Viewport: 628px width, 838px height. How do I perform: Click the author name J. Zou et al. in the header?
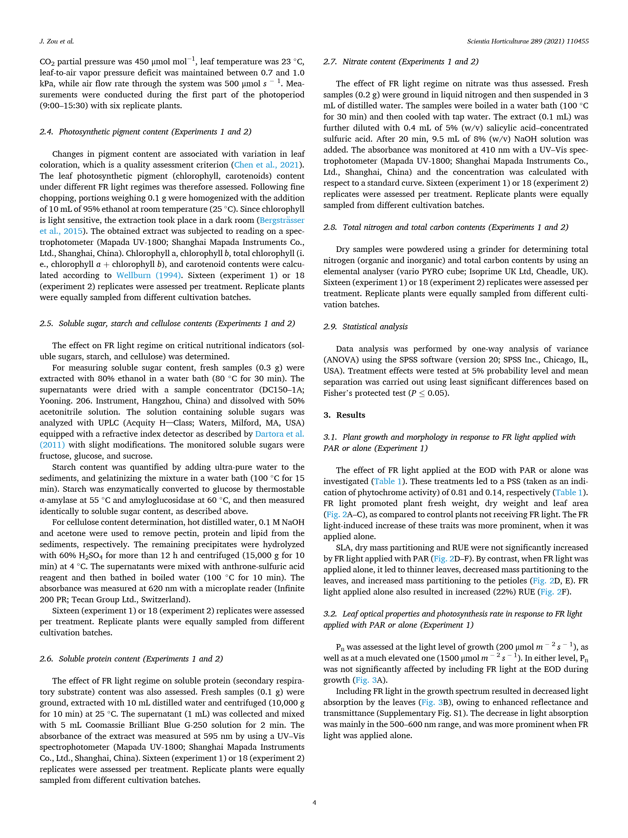[57, 41]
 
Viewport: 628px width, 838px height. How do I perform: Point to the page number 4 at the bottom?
[314, 802]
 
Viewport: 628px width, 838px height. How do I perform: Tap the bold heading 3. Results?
[344, 415]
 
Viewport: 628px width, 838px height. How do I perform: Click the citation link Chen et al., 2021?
[266, 165]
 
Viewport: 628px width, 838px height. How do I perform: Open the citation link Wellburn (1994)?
[148, 275]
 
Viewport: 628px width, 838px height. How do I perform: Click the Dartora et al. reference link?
[279, 434]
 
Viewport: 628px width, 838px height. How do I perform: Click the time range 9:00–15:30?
[64, 106]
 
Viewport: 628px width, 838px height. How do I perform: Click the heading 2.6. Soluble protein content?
[131, 658]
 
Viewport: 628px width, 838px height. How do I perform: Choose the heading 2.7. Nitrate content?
[400, 62]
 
